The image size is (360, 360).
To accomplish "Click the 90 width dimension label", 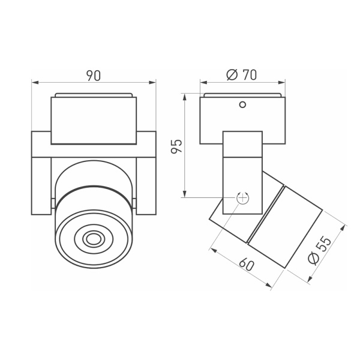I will (93, 75).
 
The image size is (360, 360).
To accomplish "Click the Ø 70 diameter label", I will (241, 75).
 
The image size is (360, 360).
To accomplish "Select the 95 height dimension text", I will (176, 145).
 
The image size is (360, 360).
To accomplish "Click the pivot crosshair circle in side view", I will (242, 197).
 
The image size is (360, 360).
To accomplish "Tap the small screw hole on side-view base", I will (242, 105).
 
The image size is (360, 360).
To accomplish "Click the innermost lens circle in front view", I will (93, 239).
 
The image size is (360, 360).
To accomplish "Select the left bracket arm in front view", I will (41, 174).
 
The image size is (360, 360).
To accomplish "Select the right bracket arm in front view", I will (146, 174).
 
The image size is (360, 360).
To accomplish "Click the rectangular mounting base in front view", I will (93, 120).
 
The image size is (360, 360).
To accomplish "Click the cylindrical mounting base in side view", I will (242, 120).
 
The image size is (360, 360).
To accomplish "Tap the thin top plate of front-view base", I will (93, 95).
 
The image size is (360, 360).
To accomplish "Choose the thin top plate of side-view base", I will (242, 95).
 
